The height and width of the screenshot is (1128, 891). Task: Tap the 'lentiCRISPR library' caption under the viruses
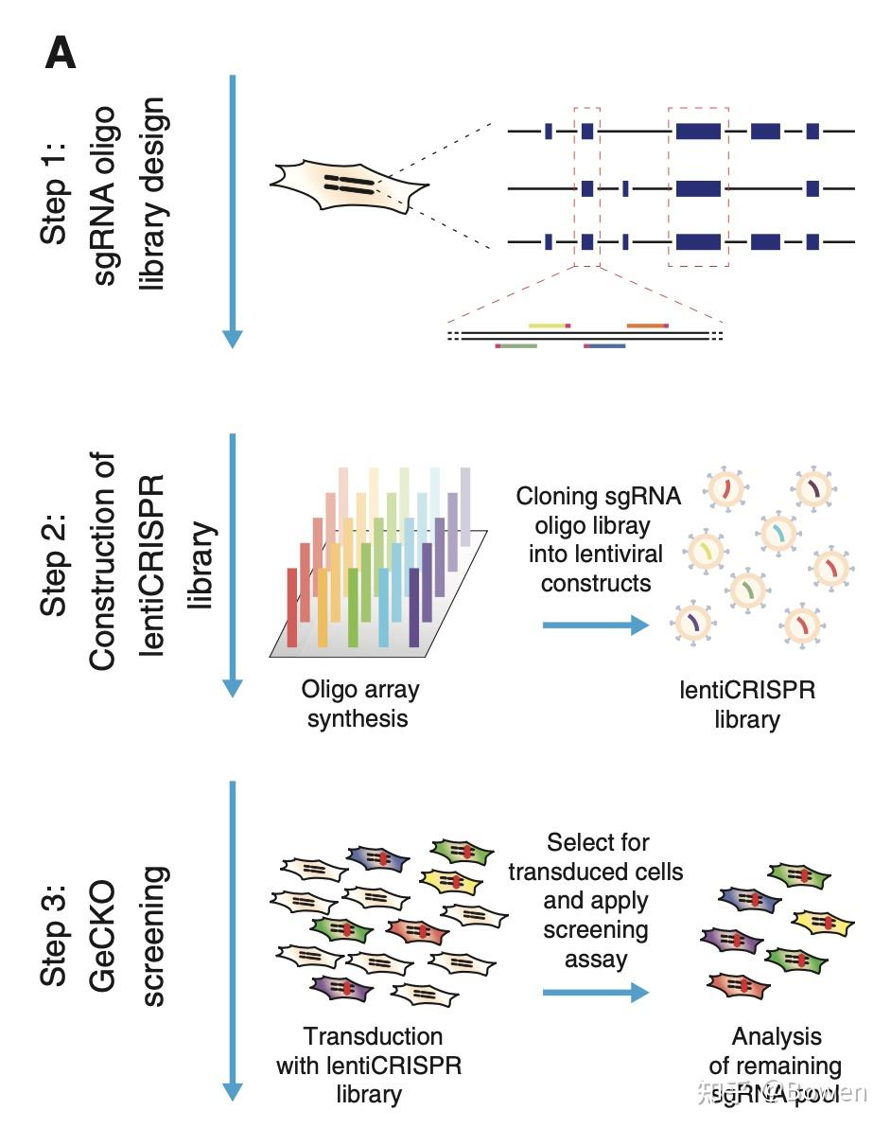point(746,704)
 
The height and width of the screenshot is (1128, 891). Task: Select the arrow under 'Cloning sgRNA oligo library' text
point(595,625)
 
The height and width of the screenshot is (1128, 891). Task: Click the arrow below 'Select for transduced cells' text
point(595,992)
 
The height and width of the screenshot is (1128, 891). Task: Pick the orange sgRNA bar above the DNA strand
point(647,325)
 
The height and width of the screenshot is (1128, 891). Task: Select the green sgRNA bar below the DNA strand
point(516,346)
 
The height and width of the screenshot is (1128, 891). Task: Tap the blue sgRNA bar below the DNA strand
point(604,346)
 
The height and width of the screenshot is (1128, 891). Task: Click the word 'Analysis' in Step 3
point(777,1036)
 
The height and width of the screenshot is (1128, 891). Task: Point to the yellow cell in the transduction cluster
point(450,881)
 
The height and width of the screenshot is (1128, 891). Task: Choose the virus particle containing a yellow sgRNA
point(705,549)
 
